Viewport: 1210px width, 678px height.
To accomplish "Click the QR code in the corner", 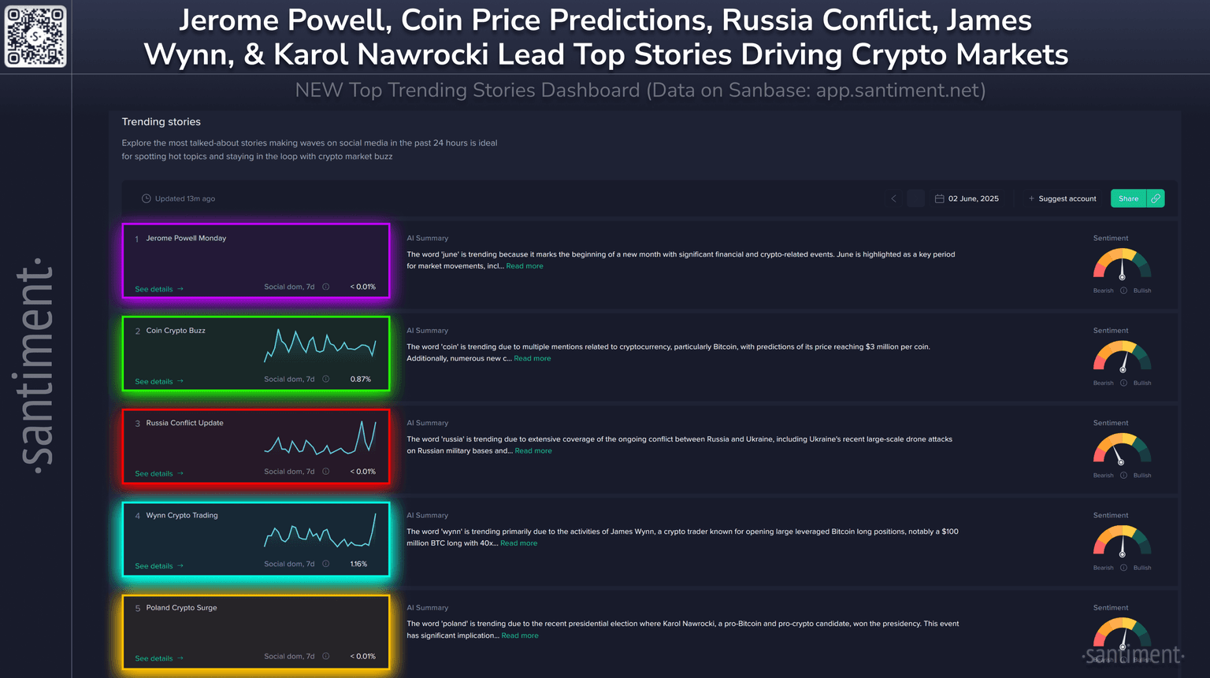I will click(35, 36).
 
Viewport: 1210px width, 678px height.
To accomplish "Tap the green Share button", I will click(1128, 198).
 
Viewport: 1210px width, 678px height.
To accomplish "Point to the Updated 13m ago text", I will click(184, 198).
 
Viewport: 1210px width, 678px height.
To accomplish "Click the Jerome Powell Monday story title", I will click(186, 238).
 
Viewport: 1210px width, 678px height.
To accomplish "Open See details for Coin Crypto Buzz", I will click(158, 381).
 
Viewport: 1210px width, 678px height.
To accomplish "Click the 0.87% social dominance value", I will click(360, 379).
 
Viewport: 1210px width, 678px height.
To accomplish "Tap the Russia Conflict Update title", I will click(184, 423).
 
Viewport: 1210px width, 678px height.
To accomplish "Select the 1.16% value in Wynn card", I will click(358, 564).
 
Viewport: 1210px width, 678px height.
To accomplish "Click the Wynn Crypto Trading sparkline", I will click(320, 532).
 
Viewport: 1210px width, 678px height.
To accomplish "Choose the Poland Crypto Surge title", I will click(181, 608).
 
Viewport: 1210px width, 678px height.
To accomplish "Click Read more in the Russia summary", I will click(533, 451).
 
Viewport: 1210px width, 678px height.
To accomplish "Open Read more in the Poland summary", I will click(520, 635).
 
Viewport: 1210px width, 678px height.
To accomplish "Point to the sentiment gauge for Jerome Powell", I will click(1122, 265).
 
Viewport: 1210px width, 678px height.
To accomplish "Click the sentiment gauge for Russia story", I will click(1122, 450).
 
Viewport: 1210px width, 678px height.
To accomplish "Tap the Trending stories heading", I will click(161, 122).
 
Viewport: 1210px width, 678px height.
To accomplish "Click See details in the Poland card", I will click(158, 658).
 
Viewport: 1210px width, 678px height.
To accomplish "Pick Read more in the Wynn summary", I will click(518, 543).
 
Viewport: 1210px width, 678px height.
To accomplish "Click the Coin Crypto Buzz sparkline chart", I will click(320, 346).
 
